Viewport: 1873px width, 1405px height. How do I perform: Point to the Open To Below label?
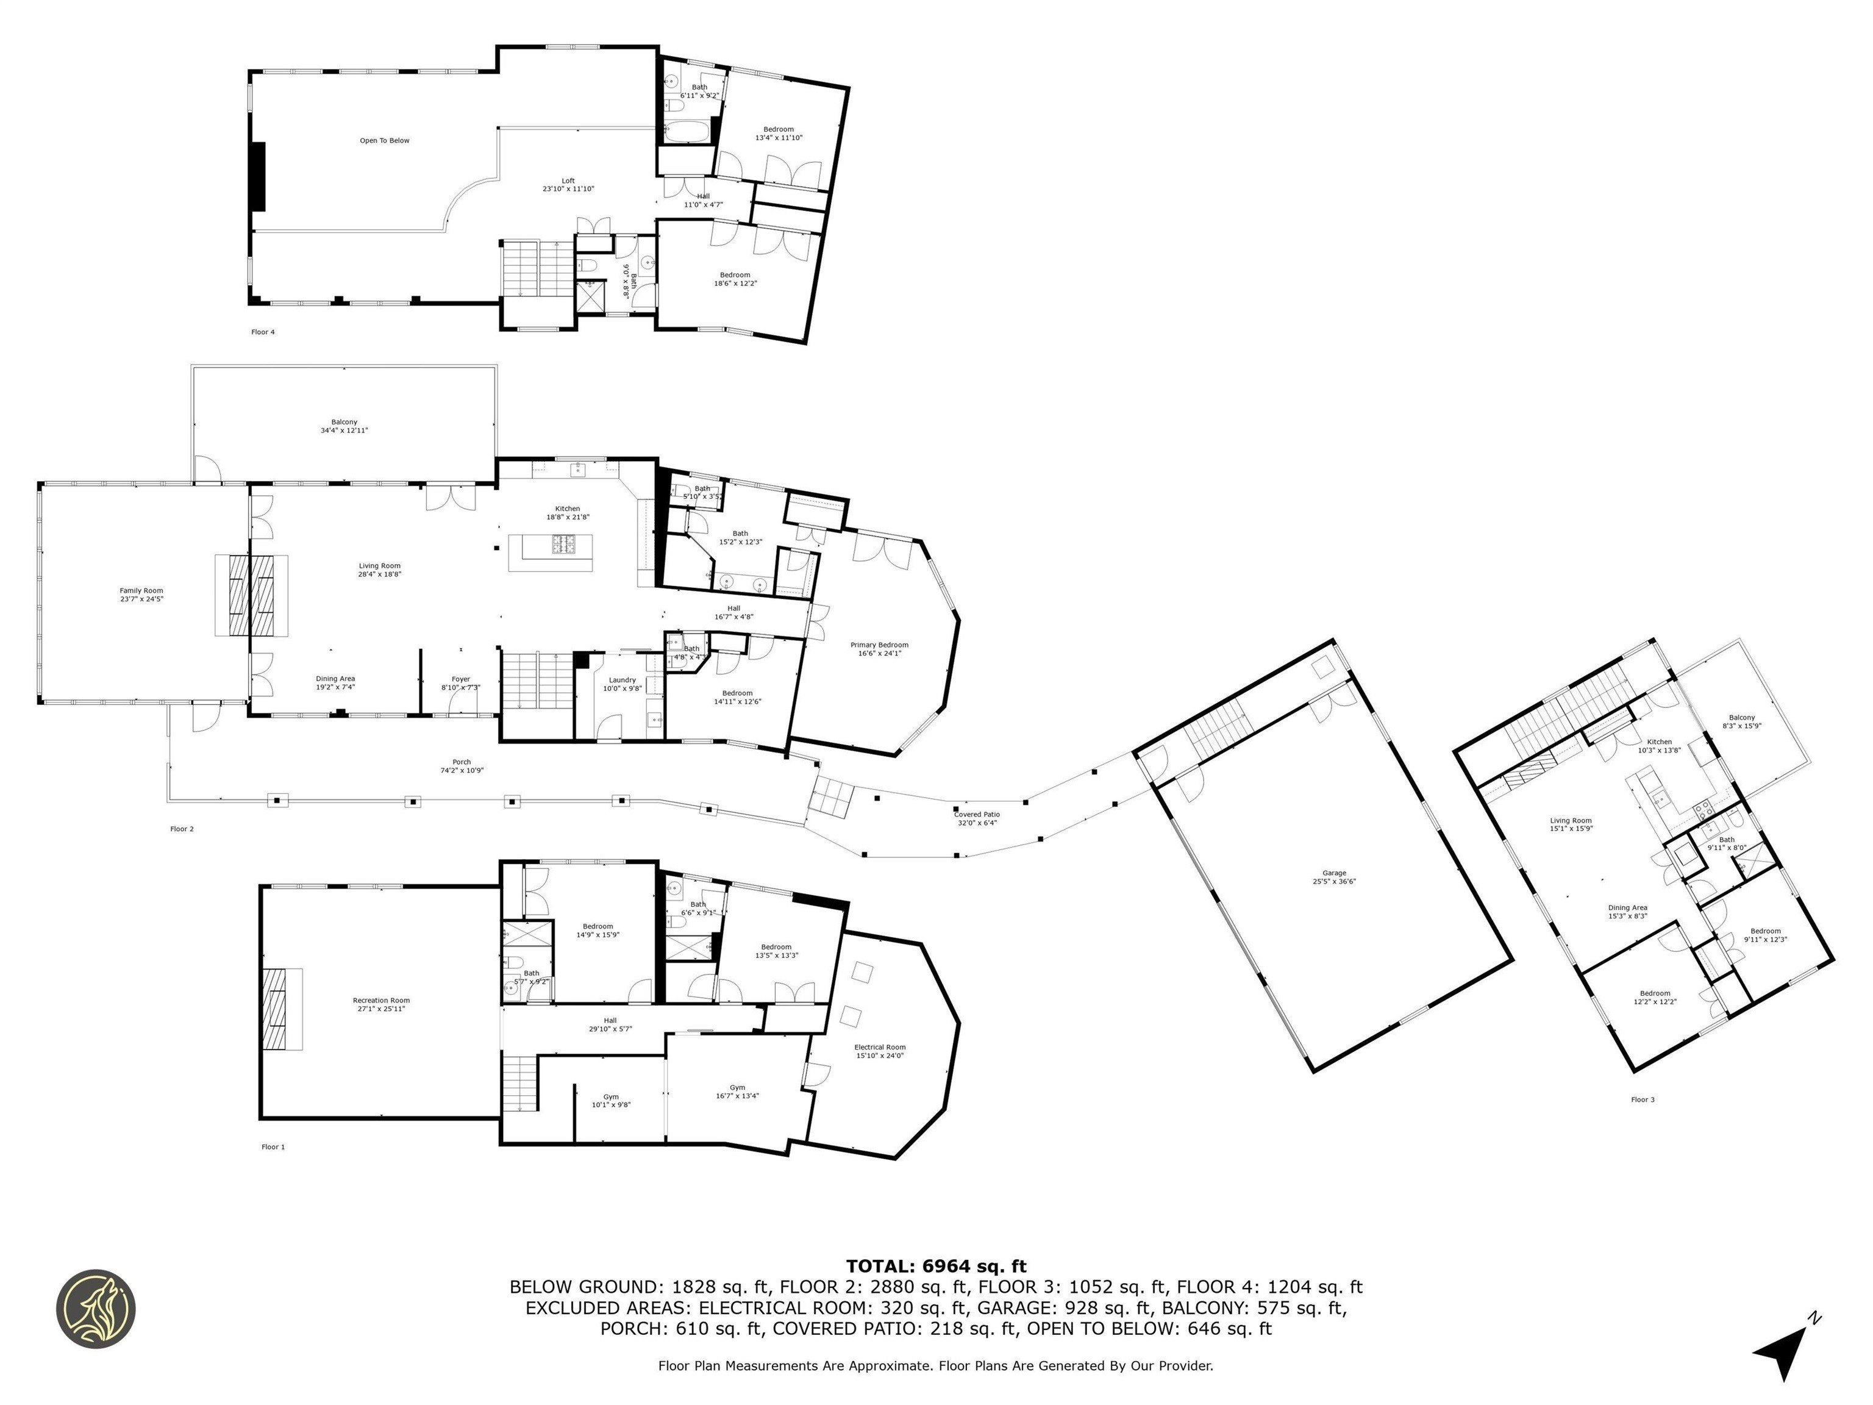point(385,141)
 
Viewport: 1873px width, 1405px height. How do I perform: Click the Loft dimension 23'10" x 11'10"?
point(568,189)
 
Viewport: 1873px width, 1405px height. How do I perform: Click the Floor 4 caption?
point(263,332)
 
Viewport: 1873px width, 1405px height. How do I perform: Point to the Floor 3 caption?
point(1642,1099)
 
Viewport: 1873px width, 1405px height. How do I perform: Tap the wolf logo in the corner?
point(96,1309)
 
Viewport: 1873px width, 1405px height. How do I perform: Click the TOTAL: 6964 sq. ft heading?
point(936,1266)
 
